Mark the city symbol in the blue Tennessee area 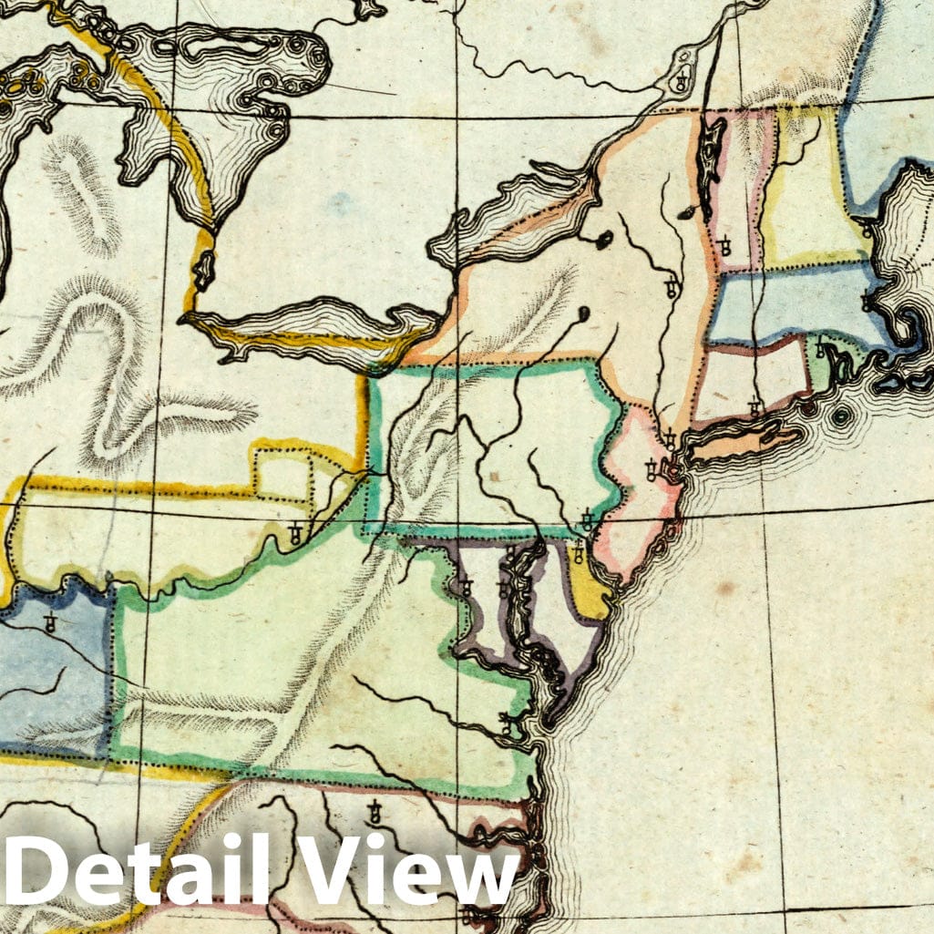[50, 624]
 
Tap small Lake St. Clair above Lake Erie [203, 269]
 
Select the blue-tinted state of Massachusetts [784, 305]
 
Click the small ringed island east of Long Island [840, 416]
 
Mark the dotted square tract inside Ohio [282, 474]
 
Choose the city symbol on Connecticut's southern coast [754, 407]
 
